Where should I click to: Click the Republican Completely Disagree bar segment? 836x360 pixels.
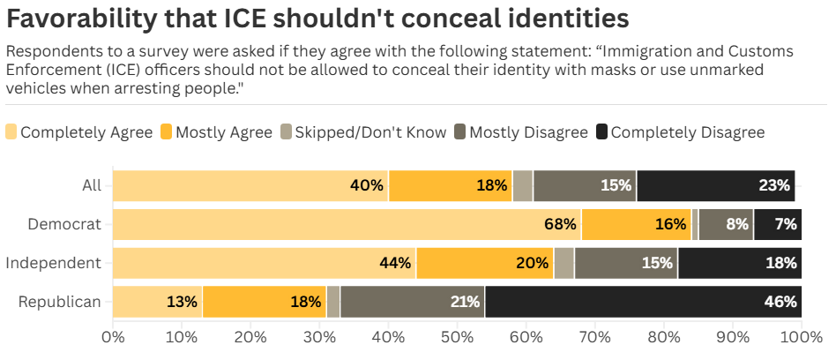pyautogui.click(x=644, y=302)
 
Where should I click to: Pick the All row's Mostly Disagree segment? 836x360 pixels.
pyautogui.click(x=585, y=185)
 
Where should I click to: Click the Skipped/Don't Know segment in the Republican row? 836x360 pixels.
pyautogui.click(x=333, y=302)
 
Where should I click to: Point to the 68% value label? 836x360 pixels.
pyautogui.click(x=560, y=224)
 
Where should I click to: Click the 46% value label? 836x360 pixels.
pyautogui.click(x=780, y=302)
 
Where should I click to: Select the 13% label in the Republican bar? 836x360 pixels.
pyautogui.click(x=181, y=302)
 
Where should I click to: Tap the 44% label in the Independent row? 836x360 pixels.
pyautogui.click(x=395, y=263)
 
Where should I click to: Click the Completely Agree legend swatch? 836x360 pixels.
pyautogui.click(x=11, y=132)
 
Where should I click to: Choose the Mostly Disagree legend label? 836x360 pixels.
pyautogui.click(x=528, y=132)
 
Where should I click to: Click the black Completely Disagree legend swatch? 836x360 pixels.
pyautogui.click(x=601, y=132)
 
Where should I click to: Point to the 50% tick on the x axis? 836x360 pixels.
pyautogui.click(x=457, y=337)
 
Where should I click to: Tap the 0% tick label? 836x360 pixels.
pyautogui.click(x=113, y=337)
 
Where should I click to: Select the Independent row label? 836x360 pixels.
pyautogui.click(x=53, y=263)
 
